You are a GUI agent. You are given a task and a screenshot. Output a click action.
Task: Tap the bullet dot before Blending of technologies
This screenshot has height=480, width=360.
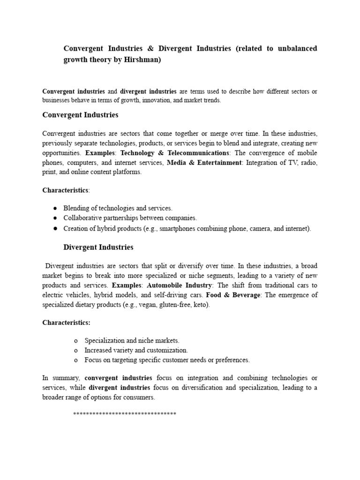55,208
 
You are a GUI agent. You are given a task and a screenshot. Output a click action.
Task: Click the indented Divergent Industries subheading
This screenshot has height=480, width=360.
98,247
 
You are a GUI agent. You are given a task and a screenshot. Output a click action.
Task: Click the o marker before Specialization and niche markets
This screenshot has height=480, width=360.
75,341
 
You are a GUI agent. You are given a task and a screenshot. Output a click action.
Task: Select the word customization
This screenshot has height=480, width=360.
168,350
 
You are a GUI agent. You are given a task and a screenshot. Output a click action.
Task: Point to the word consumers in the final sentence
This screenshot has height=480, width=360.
139,397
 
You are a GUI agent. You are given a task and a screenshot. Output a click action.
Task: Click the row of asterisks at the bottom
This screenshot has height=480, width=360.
125,414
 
